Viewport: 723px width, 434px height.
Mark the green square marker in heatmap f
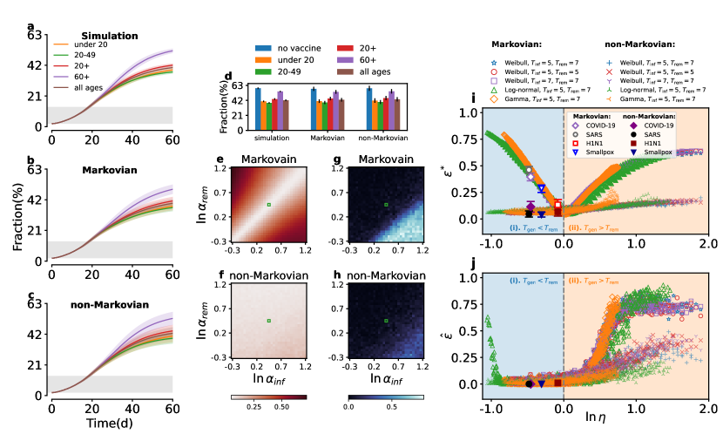pyautogui.click(x=269, y=321)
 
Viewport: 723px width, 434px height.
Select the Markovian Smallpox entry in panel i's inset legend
pyautogui.click(x=605, y=152)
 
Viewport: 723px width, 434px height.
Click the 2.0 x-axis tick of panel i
pyautogui.click(x=706, y=241)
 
